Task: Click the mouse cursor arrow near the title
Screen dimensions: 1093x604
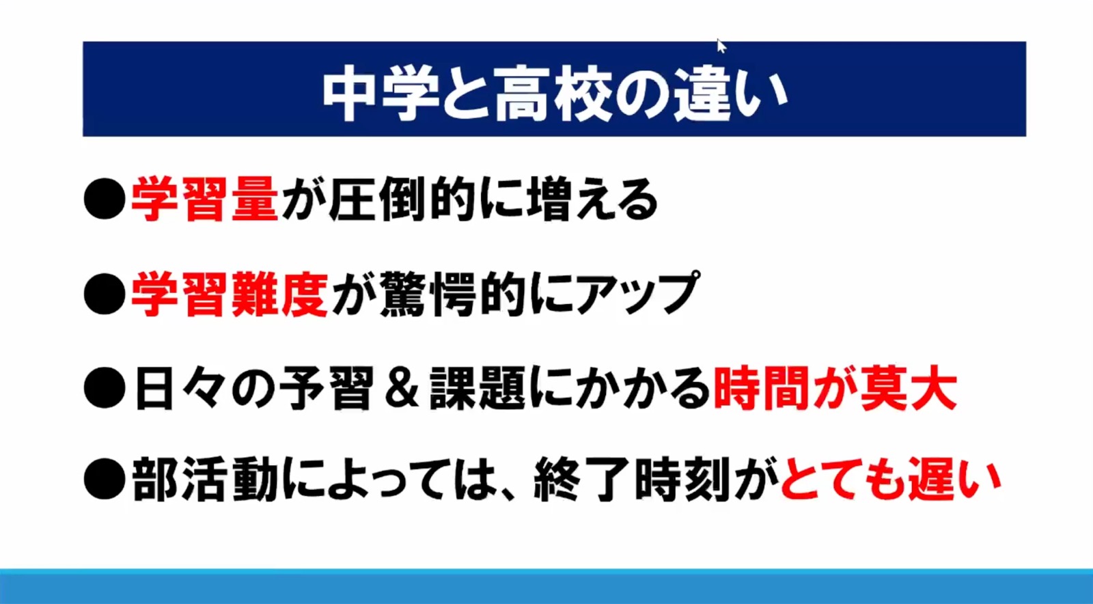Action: point(721,46)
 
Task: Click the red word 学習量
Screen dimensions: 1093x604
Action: point(204,200)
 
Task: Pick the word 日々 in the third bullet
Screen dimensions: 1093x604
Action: point(180,389)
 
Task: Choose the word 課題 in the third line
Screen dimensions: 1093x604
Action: point(478,389)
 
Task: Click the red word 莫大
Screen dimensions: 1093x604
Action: point(909,389)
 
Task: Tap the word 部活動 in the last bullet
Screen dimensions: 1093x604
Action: point(205,480)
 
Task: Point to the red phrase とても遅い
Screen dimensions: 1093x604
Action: point(891,480)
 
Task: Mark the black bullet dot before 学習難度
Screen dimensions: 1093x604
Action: point(105,294)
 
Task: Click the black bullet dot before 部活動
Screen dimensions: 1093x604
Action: point(105,480)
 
